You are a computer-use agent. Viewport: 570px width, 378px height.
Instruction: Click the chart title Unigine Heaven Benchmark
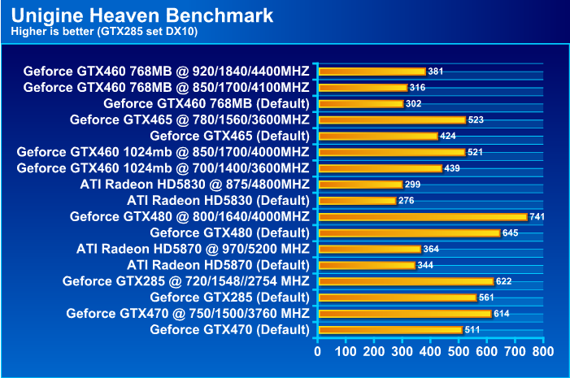pyautogui.click(x=143, y=15)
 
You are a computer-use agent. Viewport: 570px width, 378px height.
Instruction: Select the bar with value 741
pyautogui.click(x=423, y=217)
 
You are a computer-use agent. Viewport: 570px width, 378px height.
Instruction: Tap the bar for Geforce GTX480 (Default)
pyautogui.click(x=409, y=233)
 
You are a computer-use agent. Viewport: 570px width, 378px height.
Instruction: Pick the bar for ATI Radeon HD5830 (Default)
pyautogui.click(x=357, y=201)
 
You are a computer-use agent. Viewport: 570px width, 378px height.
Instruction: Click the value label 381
pyautogui.click(x=436, y=72)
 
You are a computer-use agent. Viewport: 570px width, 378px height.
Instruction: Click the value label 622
pyautogui.click(x=527, y=281)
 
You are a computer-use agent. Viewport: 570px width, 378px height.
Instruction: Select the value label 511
pyautogui.click(x=472, y=330)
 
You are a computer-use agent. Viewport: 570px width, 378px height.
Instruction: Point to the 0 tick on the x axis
pyautogui.click(x=318, y=351)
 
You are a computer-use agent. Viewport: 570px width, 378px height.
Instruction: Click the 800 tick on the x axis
pyautogui.click(x=543, y=351)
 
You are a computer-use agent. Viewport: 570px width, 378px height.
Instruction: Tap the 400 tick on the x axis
pyautogui.click(x=430, y=351)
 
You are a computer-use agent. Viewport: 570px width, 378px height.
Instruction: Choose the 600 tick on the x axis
pyautogui.click(x=486, y=351)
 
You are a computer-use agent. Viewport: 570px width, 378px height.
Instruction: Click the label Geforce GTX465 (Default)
pyautogui.click(x=229, y=136)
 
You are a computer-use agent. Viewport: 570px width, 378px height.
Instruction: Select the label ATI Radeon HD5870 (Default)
pyautogui.click(x=218, y=265)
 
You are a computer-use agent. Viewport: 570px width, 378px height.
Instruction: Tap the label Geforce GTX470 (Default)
pyautogui.click(x=229, y=330)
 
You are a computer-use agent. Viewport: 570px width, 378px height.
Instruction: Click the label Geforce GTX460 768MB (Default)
pyautogui.click(x=206, y=104)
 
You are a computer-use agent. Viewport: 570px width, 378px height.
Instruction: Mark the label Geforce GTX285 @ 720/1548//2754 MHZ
pyautogui.click(x=185, y=281)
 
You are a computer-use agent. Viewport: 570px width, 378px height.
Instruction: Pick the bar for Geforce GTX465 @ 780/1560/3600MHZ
pyautogui.click(x=392, y=119)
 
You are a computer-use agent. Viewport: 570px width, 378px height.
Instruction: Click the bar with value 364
pyautogui.click(x=369, y=249)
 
